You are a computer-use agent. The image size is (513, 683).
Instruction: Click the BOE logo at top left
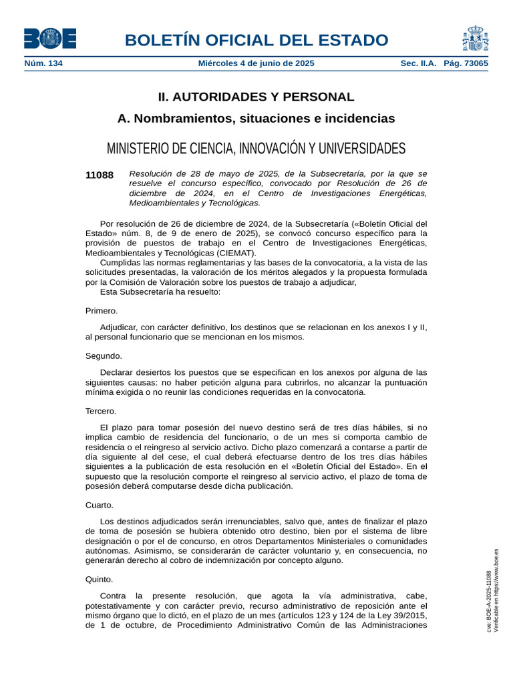(50, 38)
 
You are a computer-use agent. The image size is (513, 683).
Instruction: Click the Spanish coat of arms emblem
(475, 38)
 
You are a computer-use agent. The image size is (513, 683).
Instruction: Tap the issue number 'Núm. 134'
(43, 63)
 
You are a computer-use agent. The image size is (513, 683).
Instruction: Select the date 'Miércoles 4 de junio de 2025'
(256, 63)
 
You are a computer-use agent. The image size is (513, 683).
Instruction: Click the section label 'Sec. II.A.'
(418, 63)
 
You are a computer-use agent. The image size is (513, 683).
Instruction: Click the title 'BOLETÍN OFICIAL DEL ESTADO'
(256, 40)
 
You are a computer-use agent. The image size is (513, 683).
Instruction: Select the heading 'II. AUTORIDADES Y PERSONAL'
(256, 97)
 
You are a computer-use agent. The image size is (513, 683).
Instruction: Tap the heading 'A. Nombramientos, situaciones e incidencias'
(256, 119)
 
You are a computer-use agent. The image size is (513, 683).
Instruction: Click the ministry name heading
(256, 147)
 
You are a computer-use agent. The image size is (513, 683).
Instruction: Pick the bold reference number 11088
(100, 175)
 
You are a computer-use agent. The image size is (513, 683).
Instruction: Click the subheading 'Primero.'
(102, 311)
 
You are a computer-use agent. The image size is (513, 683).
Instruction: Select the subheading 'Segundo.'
(104, 356)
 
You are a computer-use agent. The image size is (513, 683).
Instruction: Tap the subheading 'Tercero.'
(101, 411)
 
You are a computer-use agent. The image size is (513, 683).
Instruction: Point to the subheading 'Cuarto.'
(100, 505)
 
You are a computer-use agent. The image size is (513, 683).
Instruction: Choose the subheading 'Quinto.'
(100, 580)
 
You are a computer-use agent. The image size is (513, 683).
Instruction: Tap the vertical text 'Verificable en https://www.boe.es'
(496, 591)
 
